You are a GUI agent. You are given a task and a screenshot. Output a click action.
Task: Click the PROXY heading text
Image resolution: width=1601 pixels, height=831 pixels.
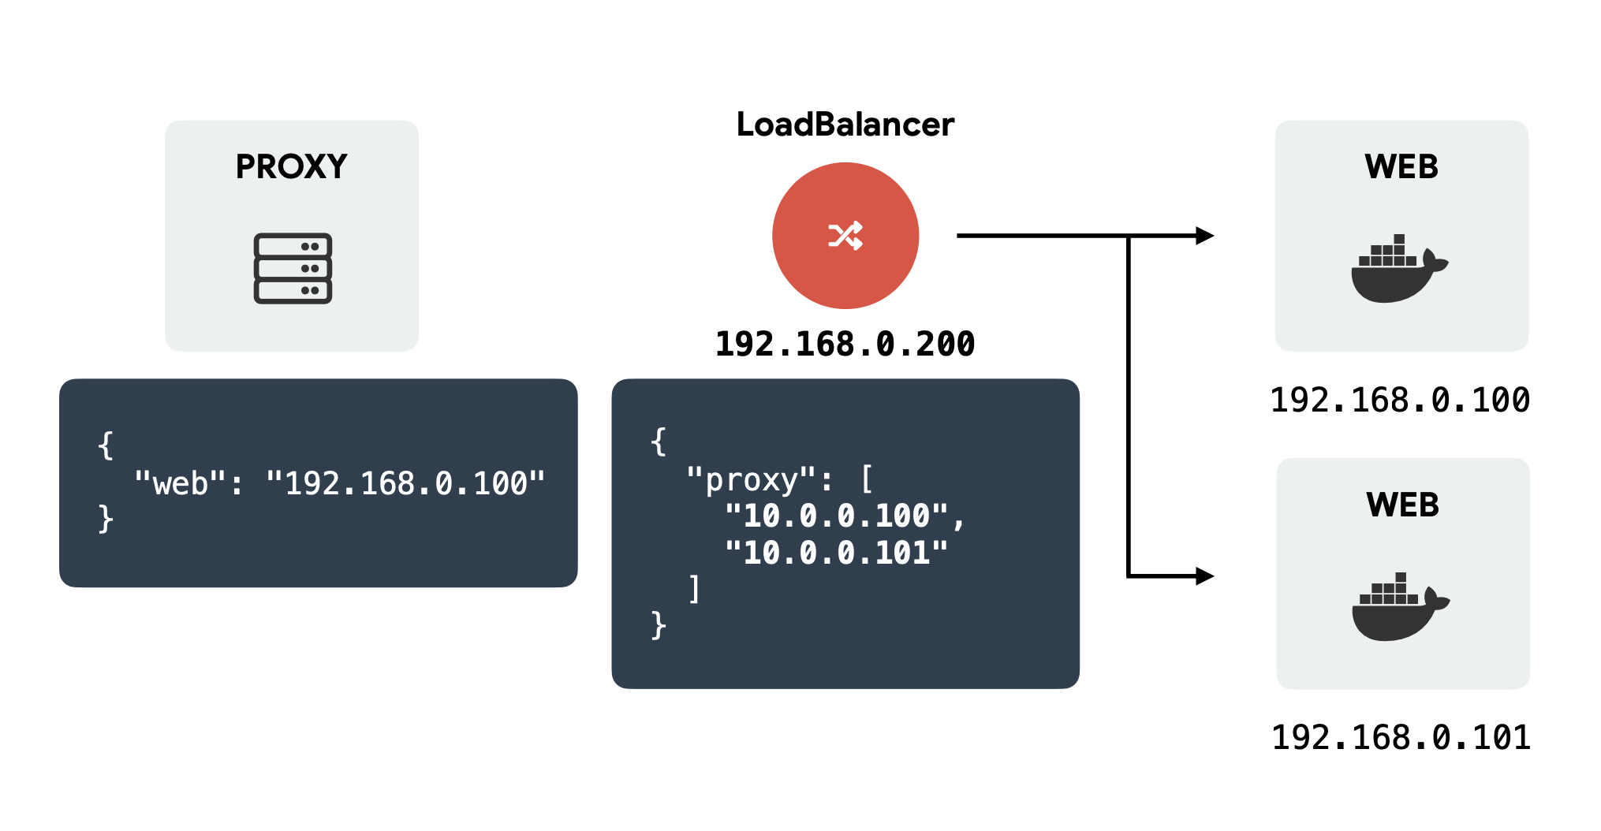pos(291,166)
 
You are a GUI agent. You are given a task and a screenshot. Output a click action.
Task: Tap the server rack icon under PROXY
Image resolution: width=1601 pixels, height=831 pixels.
pos(293,268)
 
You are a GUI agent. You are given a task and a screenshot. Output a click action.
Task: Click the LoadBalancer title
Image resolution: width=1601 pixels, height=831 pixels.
pos(845,125)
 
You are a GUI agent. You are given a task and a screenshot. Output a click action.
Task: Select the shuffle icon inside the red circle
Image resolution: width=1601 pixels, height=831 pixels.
pos(845,236)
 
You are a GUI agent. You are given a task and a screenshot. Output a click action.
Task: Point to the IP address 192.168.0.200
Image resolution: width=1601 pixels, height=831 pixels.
pos(845,345)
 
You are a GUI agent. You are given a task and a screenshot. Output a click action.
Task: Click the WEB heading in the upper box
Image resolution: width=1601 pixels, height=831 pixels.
pos(1401,166)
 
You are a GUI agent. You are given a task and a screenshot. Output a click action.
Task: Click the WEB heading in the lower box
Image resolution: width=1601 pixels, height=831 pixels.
pos(1402,505)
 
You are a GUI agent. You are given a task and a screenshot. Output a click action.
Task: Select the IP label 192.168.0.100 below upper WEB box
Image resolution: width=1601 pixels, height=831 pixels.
pos(1400,401)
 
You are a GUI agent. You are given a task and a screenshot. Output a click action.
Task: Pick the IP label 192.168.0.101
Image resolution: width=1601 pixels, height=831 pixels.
pos(1401,738)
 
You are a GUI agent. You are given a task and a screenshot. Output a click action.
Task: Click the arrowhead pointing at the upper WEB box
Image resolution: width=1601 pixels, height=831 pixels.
pos(1204,236)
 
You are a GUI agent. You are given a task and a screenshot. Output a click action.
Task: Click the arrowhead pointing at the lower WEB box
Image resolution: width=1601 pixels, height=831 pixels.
pos(1204,576)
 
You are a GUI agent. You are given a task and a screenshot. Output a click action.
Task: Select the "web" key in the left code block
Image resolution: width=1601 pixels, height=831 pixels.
pos(180,483)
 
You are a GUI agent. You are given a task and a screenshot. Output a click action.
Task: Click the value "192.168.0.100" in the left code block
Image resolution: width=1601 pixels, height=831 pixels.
pos(405,483)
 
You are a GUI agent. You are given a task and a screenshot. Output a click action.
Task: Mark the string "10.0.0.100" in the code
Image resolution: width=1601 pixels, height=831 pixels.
pos(836,516)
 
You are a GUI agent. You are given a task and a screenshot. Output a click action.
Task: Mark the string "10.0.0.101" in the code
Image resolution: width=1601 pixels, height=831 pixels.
pos(836,553)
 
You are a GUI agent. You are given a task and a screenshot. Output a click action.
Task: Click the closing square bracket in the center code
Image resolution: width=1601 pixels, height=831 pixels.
pos(694,589)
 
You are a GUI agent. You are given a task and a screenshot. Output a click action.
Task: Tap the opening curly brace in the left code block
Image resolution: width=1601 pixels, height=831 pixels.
pos(106,445)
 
